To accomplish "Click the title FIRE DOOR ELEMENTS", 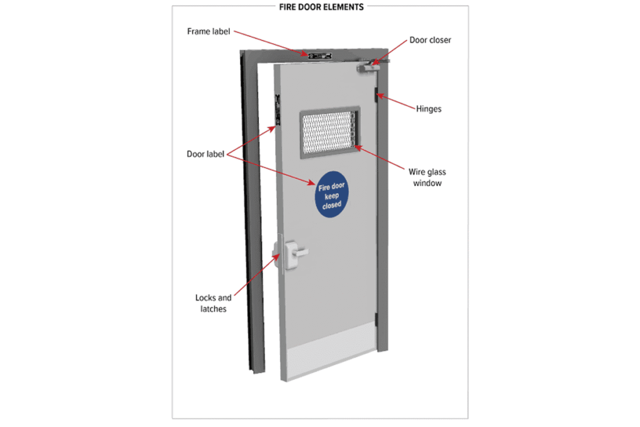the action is click(321, 7).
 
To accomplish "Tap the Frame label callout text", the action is click(209, 31).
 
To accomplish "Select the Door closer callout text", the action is click(430, 40).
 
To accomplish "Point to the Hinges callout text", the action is click(429, 109).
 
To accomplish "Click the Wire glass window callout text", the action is click(427, 178).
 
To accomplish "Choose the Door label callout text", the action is click(205, 154).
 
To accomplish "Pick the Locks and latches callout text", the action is click(213, 303).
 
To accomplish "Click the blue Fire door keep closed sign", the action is click(331, 194).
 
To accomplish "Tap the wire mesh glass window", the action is click(329, 132).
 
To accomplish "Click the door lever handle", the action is click(296, 253).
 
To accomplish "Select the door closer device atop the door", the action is click(371, 66).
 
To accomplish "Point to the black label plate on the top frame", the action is click(319, 56).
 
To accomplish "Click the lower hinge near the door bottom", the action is click(376, 319).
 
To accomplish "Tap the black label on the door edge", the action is click(277, 109).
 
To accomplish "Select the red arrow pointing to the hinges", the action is click(395, 102).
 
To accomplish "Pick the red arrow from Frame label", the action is click(271, 43).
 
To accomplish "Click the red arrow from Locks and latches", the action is click(257, 274).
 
